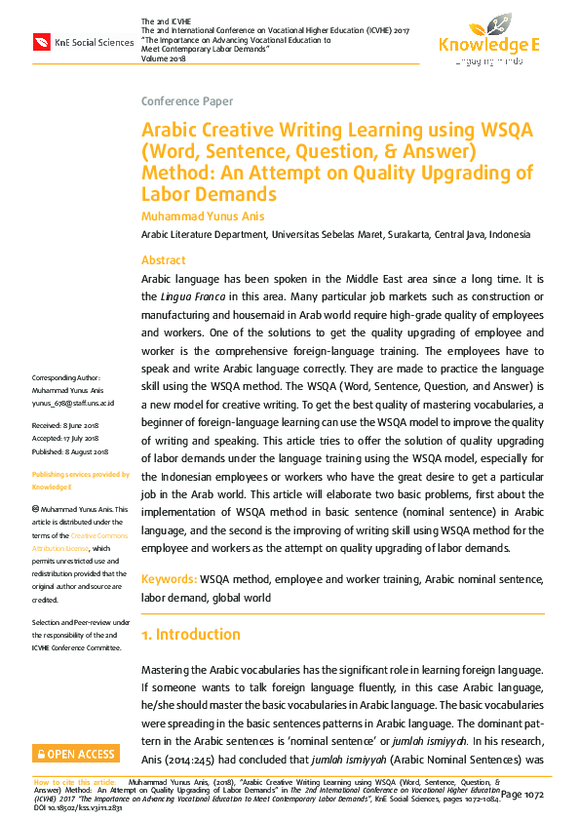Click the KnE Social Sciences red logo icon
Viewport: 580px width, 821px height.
[x=41, y=42]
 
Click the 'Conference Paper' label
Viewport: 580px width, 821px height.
[x=187, y=101]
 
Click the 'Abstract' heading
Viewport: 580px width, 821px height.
[x=164, y=260]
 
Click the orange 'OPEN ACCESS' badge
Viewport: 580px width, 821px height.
[x=75, y=754]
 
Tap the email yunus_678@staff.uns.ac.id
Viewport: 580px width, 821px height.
[x=73, y=402]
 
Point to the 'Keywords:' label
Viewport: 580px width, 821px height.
[x=170, y=579]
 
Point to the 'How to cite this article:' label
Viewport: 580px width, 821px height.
[x=76, y=782]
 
